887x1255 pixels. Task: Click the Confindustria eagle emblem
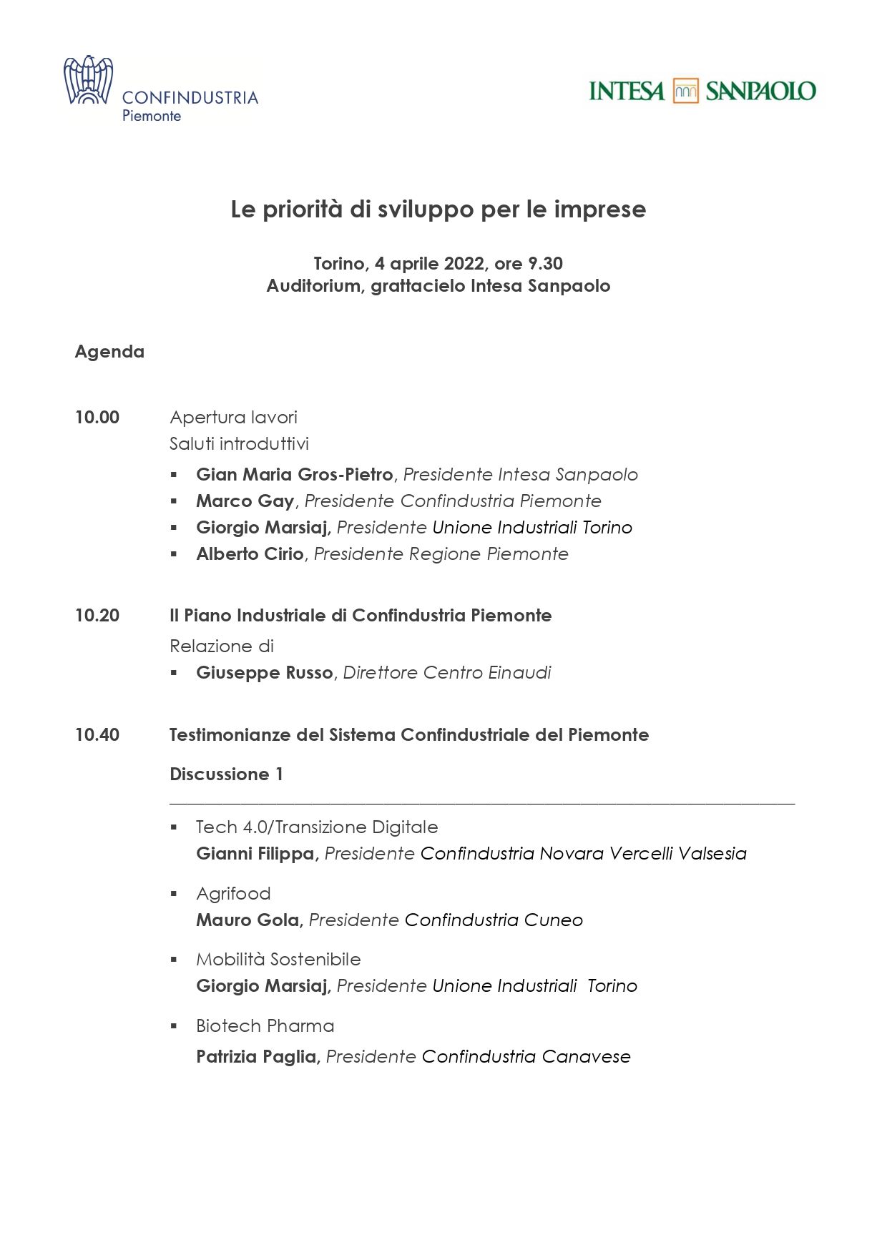tap(88, 80)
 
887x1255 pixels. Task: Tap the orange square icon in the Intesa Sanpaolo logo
tap(685, 91)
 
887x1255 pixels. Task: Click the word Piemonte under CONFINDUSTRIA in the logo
tap(152, 116)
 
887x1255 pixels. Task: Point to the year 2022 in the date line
tap(464, 264)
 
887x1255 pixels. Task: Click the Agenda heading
tap(109, 352)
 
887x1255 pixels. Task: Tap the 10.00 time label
tap(97, 418)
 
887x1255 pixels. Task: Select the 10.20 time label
tap(97, 616)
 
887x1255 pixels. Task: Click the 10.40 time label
tap(97, 735)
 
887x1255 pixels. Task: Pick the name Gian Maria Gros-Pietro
tap(295, 475)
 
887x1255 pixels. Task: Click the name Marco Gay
tap(245, 501)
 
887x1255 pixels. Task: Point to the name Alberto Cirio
tap(250, 554)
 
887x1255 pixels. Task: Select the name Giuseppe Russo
tap(265, 673)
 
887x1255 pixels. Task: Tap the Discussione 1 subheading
tap(226, 774)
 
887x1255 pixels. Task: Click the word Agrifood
tap(233, 894)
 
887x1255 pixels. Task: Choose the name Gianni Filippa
tap(255, 854)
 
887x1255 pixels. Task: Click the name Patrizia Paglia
tap(256, 1057)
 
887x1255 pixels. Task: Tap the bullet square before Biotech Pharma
tap(174, 1026)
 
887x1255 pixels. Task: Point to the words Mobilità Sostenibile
tap(278, 960)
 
